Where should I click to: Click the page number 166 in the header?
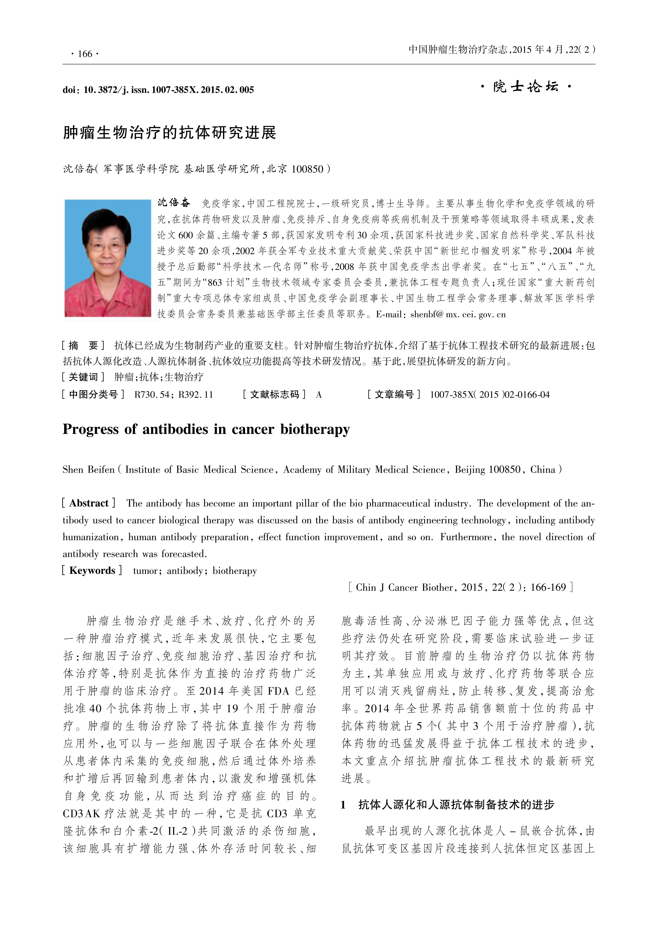[x=85, y=54]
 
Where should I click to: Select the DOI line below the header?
[x=158, y=90]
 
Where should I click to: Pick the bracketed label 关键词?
[x=83, y=377]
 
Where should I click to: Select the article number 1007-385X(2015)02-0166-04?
[x=490, y=394]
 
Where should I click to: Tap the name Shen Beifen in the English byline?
[x=88, y=469]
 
